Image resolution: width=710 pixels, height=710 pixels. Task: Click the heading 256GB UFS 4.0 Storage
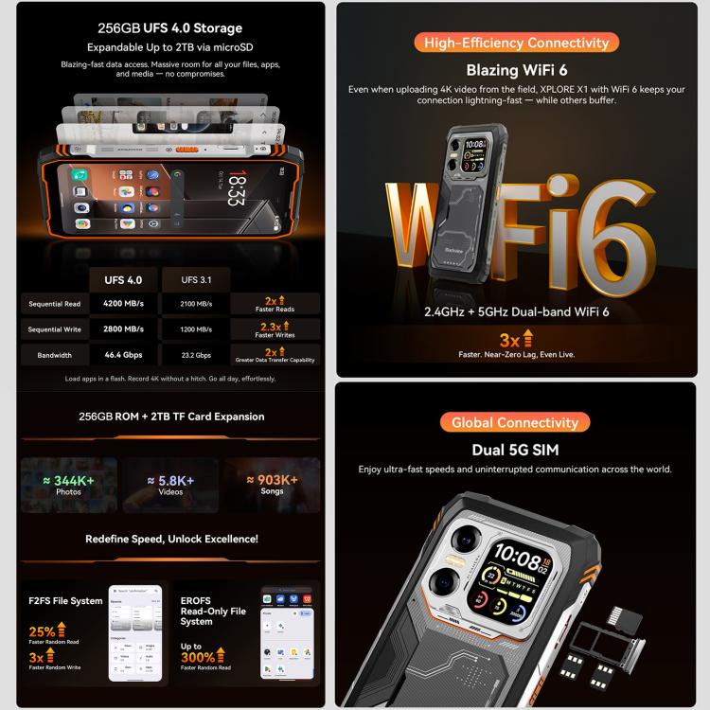click(170, 28)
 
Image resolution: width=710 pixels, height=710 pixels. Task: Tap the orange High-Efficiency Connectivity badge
click(516, 43)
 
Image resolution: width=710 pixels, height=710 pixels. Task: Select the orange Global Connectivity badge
click(515, 422)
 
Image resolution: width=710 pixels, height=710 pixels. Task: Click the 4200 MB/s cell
click(123, 304)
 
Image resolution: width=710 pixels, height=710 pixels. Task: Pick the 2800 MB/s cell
click(123, 329)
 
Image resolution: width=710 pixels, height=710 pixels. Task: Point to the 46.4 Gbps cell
click(123, 355)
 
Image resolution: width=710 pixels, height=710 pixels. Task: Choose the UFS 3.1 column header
click(197, 280)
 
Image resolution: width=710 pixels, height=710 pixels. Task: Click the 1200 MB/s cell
click(197, 329)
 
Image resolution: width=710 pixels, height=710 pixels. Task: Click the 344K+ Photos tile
click(68, 485)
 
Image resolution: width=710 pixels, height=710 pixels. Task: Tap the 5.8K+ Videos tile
click(170, 485)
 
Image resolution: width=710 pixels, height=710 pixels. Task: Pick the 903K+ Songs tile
click(273, 485)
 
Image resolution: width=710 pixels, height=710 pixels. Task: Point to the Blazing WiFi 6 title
click(516, 70)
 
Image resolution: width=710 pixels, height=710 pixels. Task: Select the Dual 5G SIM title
click(515, 450)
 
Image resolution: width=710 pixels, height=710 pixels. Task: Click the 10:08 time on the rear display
click(519, 553)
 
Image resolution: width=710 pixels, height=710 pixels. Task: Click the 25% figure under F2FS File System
click(42, 631)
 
